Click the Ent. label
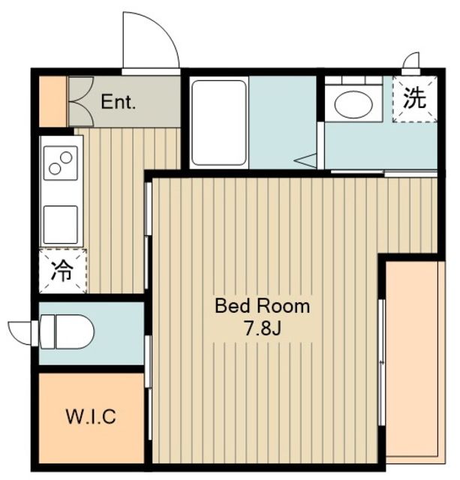point(119,103)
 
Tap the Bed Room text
point(262,306)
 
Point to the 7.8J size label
point(262,328)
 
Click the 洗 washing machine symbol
point(416,99)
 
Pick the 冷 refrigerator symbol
point(62,271)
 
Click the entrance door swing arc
point(152,40)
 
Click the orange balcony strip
point(415,360)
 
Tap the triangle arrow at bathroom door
point(306,159)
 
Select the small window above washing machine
point(411,61)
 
